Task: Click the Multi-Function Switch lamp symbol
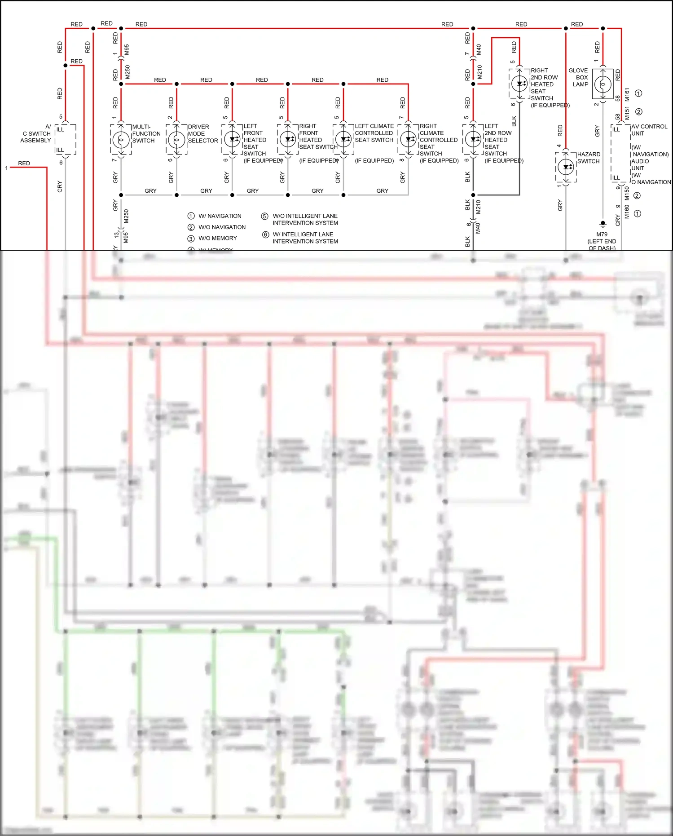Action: point(121,140)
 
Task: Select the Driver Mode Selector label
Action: point(202,133)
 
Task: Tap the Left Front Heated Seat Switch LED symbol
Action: point(232,139)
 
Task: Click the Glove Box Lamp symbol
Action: point(603,84)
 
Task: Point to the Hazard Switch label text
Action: point(588,158)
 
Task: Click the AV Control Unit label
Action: point(649,130)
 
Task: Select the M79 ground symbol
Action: point(603,224)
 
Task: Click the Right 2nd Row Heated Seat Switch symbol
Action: point(519,84)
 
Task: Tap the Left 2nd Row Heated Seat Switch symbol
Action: point(473,139)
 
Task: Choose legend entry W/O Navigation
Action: point(222,227)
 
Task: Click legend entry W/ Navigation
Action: point(220,216)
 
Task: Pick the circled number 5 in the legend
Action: point(265,216)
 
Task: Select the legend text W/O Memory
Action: point(217,238)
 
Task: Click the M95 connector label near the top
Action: point(127,49)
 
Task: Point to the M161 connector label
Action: point(627,94)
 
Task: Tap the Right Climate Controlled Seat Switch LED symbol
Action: point(408,139)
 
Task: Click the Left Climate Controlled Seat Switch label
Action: point(374,133)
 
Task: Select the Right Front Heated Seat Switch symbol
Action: point(288,139)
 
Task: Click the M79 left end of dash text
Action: point(602,241)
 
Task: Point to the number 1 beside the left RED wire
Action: point(6,168)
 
